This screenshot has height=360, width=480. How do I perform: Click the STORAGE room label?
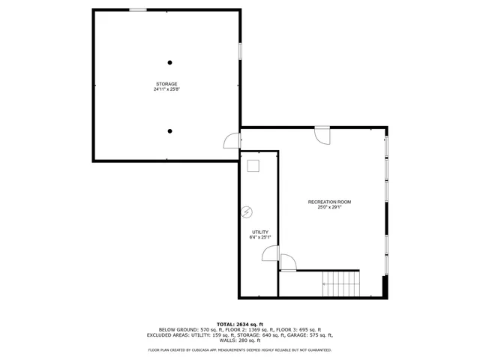[166, 83]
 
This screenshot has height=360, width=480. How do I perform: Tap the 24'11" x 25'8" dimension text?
[166, 89]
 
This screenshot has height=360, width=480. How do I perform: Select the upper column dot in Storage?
[170, 62]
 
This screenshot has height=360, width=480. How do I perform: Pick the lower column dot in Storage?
[170, 131]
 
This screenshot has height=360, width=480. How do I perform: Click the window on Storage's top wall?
[138, 10]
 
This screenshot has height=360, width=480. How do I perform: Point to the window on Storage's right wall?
[240, 51]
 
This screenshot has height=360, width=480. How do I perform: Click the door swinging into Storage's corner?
[232, 140]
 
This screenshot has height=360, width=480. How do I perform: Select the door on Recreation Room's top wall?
[322, 135]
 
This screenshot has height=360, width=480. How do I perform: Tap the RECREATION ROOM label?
[329, 202]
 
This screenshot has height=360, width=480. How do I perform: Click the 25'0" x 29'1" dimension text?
[329, 208]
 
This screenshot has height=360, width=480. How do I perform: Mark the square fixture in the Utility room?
[253, 166]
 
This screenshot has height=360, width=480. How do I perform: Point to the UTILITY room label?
[259, 232]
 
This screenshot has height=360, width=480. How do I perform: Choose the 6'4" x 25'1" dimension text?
[259, 238]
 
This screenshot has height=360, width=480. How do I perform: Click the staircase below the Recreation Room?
[341, 283]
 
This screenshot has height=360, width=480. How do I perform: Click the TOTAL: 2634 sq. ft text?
[239, 323]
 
